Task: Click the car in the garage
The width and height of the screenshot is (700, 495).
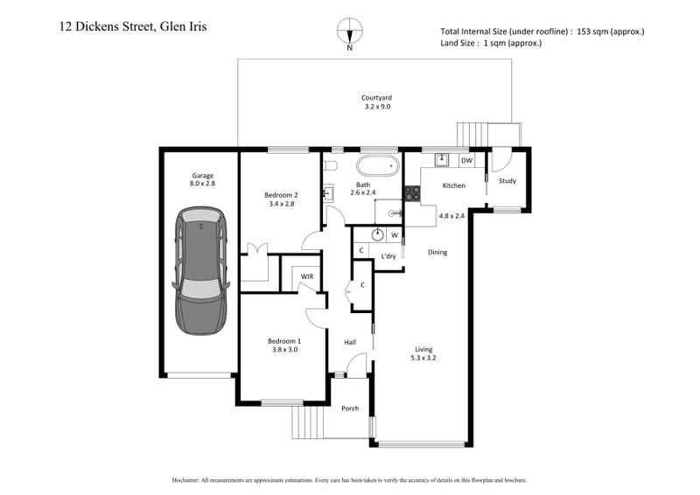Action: [202, 270]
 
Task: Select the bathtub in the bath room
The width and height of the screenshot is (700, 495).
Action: [377, 166]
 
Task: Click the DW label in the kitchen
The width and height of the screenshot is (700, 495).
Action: [466, 161]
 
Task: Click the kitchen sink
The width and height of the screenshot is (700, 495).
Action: [442, 160]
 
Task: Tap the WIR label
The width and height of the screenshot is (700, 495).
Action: [307, 276]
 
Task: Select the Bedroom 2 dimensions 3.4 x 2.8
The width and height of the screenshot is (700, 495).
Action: [283, 204]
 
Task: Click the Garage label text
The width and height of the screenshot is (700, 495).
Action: [201, 174]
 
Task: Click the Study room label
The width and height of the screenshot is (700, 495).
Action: [507, 181]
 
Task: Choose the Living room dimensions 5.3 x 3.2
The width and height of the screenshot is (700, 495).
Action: [423, 358]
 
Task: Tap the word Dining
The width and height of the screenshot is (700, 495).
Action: [437, 253]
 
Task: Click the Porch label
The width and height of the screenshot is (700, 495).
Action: [349, 408]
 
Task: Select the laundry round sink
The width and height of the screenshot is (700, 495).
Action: [377, 234]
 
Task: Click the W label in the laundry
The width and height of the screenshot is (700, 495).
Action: [395, 234]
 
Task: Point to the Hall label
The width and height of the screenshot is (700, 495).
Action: [350, 342]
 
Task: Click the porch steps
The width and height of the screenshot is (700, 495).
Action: [306, 425]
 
